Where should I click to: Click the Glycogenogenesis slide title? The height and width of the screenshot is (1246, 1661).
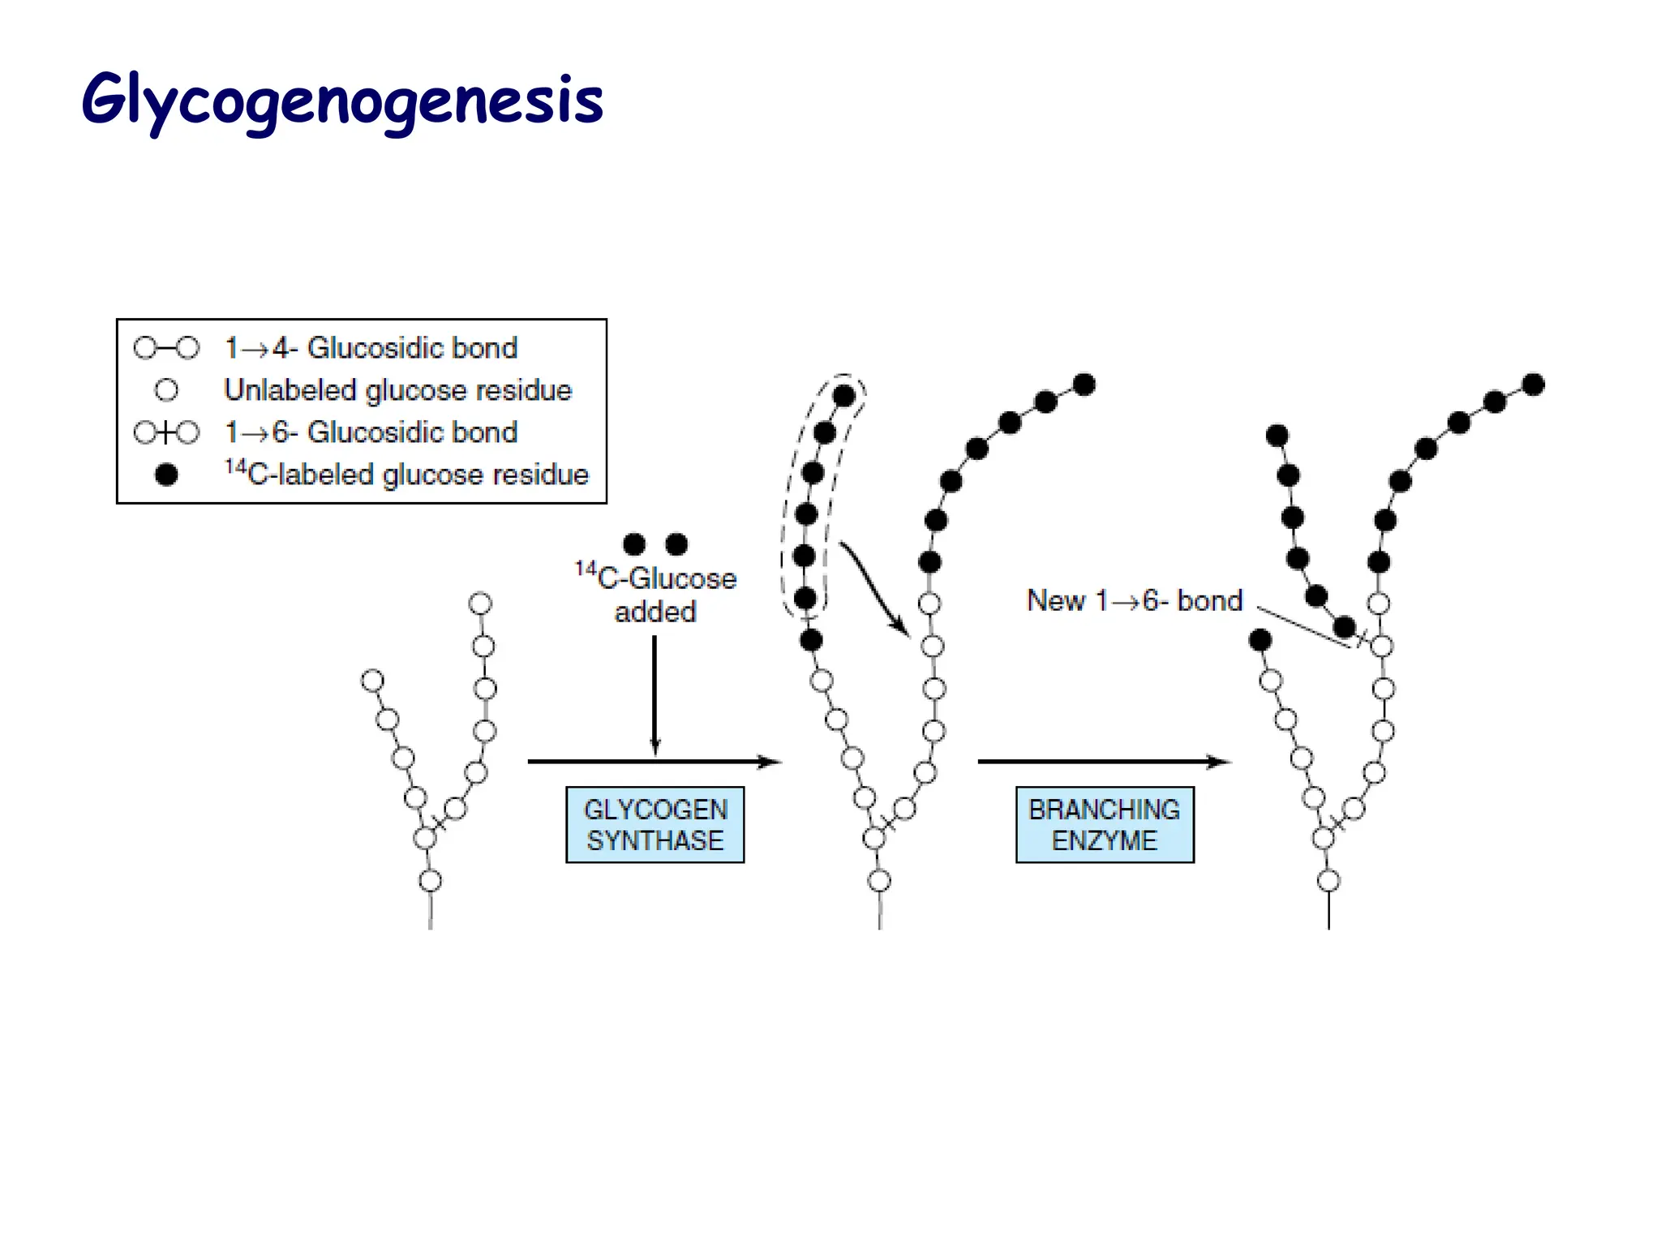(342, 101)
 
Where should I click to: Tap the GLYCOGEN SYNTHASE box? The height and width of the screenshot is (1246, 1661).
(655, 824)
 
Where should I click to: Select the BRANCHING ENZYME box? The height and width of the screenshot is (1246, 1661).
(1104, 824)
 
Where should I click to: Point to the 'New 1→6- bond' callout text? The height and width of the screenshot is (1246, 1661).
(1134, 601)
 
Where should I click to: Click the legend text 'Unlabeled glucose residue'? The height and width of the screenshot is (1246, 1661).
(397, 390)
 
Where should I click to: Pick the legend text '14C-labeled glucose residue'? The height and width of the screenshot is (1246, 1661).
(406, 474)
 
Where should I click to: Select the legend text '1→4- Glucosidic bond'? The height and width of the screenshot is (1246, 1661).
(371, 348)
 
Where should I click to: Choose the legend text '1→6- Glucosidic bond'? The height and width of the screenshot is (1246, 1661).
(371, 432)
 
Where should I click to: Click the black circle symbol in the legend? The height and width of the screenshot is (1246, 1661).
(166, 475)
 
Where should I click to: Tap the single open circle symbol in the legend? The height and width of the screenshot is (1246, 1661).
(166, 390)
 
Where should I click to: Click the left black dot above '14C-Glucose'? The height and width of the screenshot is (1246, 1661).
(634, 544)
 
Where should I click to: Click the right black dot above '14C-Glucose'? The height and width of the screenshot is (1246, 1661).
(676, 544)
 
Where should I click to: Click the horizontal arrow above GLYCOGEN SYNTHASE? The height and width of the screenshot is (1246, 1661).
(654, 762)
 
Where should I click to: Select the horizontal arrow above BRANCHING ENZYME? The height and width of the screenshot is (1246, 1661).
(1103, 762)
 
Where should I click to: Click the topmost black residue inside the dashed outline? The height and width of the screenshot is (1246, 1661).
(843, 396)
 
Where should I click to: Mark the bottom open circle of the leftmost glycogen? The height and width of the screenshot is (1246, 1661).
(431, 880)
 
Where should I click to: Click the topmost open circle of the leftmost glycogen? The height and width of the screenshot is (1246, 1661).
(481, 604)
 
